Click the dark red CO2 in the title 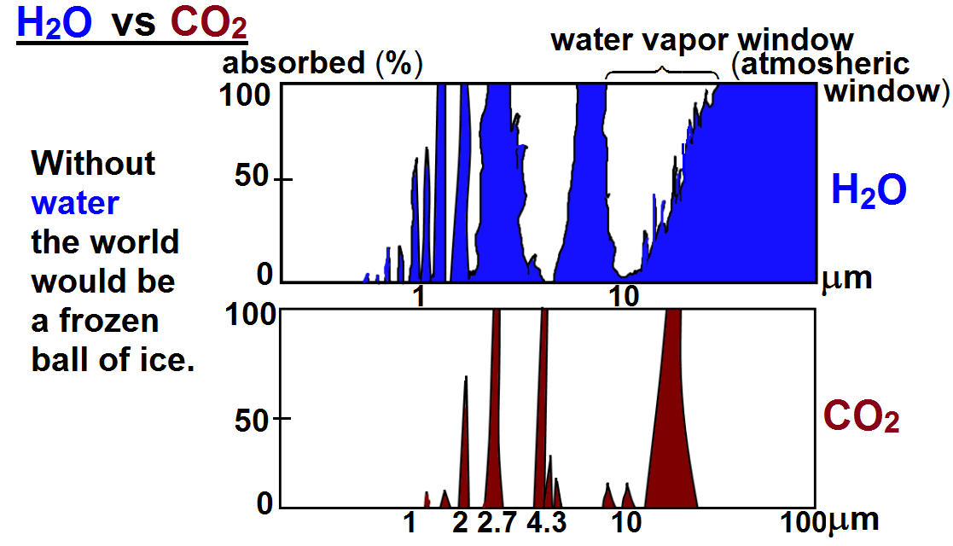(208, 23)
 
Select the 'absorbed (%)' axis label (323, 64)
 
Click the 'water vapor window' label (701, 40)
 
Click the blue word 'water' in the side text (74, 203)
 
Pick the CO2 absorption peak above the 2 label (464, 452)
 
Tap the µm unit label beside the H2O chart (846, 277)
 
